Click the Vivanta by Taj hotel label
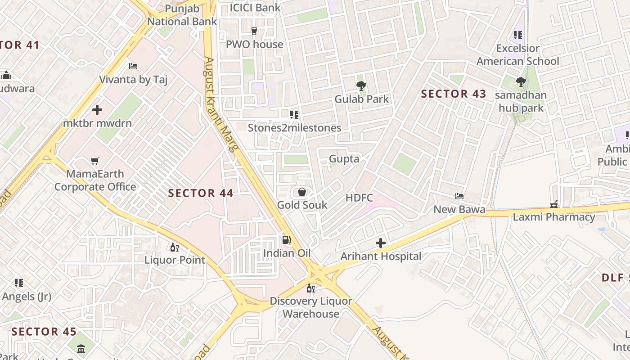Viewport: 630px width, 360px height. point(133,80)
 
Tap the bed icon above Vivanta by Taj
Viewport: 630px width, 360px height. point(133,66)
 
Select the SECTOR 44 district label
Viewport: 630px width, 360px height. point(201,193)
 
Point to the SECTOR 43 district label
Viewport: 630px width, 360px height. point(453,94)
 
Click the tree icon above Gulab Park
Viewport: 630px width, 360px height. point(361,85)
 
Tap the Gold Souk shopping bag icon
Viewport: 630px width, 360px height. point(302,192)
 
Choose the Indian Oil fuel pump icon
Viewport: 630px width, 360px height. point(286,240)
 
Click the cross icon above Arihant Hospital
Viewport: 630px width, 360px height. point(381,243)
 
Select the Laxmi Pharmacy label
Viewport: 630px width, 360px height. point(554,217)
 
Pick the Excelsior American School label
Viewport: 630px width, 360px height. point(517,54)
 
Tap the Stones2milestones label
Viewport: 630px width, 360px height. point(294,128)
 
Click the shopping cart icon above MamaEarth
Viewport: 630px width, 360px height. point(94,161)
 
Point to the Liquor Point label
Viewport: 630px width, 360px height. point(175,260)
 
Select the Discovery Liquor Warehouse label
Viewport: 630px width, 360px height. point(310,307)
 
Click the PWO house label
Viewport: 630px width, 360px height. point(254,44)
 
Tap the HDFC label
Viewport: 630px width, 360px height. point(359,198)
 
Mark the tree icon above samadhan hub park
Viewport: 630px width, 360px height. point(521,82)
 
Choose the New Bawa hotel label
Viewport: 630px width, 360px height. point(459,209)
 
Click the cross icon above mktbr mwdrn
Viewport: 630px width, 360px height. point(97,110)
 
